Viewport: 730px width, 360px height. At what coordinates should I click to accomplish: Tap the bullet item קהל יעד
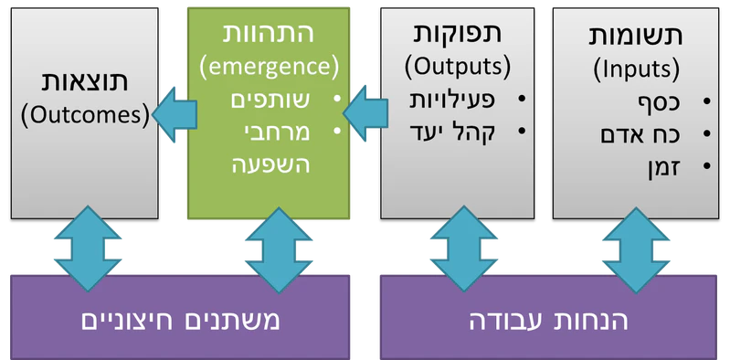click(451, 132)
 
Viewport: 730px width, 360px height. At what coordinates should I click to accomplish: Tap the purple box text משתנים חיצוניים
click(181, 321)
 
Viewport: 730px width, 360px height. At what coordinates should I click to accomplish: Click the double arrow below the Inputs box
click(635, 246)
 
